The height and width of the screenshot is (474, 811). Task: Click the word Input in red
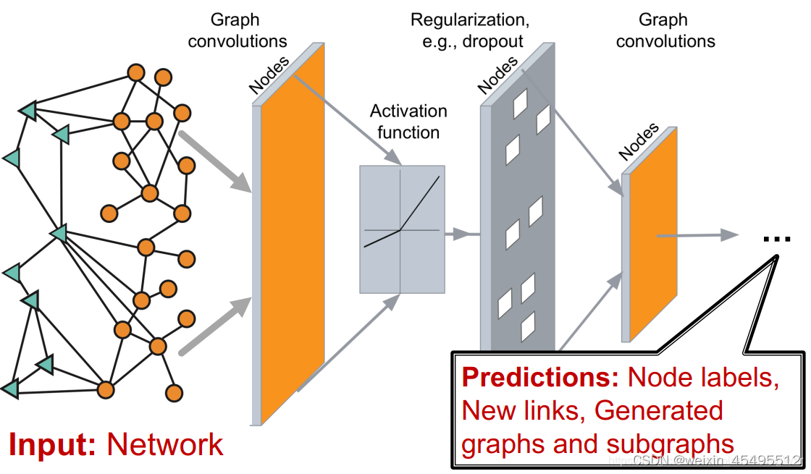(x=51, y=444)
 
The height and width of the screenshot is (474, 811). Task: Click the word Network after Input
(x=166, y=444)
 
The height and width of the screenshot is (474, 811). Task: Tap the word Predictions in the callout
(x=540, y=378)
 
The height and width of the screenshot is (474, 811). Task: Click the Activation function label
(x=408, y=122)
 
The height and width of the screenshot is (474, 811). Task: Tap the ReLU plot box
(x=402, y=229)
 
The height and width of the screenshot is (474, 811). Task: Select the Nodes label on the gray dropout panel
(x=498, y=75)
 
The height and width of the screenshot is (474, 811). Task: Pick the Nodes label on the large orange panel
(x=269, y=75)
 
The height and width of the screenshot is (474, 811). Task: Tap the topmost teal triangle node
(x=28, y=110)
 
